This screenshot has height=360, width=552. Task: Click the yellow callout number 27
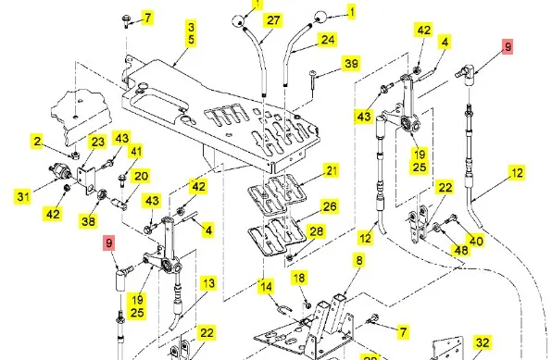[x=273, y=20]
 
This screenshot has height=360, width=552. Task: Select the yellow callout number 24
[x=327, y=40]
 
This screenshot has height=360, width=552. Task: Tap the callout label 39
[x=351, y=64]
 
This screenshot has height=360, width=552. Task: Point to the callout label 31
[x=23, y=196]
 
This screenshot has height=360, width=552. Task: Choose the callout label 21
[x=332, y=171]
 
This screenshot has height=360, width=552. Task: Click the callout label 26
[x=330, y=206]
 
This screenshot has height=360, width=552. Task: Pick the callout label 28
[x=316, y=231]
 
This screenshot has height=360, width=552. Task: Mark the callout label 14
[x=266, y=287]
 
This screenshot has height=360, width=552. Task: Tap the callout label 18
[x=299, y=279]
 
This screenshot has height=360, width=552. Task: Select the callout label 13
[x=208, y=283]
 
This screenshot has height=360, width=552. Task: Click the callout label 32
[x=483, y=342]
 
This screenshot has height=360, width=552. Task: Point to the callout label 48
[x=461, y=250]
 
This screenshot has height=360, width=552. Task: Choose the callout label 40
[x=476, y=241]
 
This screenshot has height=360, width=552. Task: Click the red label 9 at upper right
[x=508, y=47]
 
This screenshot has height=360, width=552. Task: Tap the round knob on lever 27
[x=238, y=20]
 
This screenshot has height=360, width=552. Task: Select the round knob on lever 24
[x=320, y=17]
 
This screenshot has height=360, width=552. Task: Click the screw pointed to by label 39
[x=313, y=80]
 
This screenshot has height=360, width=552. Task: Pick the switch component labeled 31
[x=60, y=171]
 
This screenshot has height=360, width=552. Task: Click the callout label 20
[x=141, y=177]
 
